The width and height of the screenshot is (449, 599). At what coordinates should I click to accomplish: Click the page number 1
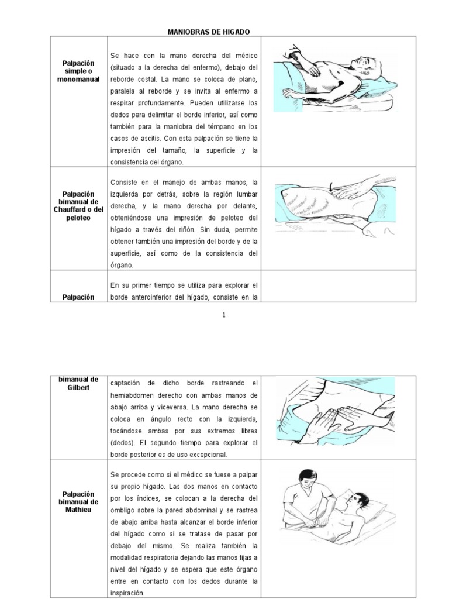(x=224, y=315)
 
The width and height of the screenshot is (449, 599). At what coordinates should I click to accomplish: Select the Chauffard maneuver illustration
(x=332, y=206)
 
